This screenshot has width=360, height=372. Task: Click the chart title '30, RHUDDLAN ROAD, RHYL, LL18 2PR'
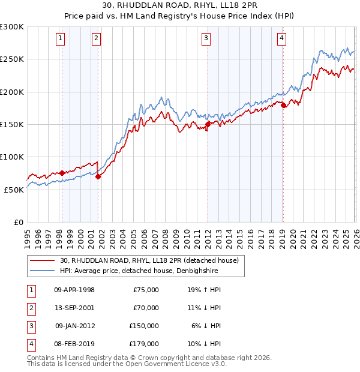(179, 6)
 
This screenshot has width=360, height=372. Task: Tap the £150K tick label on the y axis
(13, 124)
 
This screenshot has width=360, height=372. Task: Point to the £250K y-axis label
(13, 59)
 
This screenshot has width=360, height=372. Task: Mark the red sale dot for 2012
(208, 124)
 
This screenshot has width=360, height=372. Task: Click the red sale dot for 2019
(283, 106)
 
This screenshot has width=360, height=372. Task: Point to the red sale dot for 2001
(98, 176)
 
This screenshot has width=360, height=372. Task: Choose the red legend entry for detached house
(149, 260)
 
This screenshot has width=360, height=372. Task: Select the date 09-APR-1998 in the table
(74, 290)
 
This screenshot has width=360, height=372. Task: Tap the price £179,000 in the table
(144, 344)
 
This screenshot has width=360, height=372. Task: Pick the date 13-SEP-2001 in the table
(74, 308)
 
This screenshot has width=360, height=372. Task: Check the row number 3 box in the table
(30, 326)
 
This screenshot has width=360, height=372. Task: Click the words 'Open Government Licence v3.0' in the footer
(173, 364)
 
